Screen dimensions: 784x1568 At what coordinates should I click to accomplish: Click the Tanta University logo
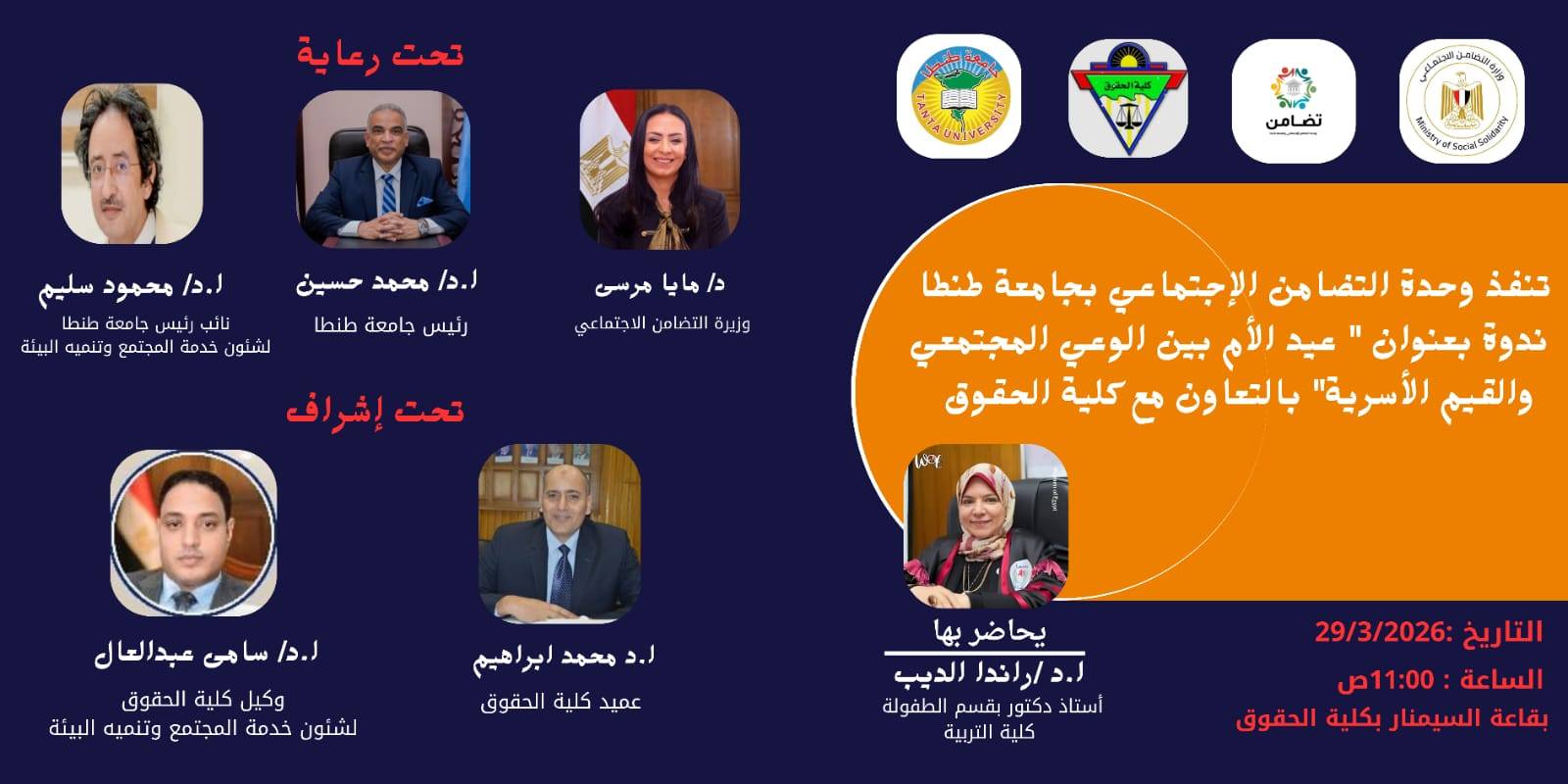pyautogui.click(x=958, y=96)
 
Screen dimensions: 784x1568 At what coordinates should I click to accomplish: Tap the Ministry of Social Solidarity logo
pyautogui.click(x=1461, y=102)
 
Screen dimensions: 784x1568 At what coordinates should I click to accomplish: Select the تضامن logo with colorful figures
pyautogui.click(x=1294, y=102)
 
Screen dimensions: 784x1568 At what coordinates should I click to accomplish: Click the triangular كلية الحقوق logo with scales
pyautogui.click(x=1127, y=98)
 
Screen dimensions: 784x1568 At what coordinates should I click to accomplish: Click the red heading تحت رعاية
pyautogui.click(x=380, y=54)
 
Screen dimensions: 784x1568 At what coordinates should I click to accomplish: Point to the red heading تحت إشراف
pyautogui.click(x=374, y=410)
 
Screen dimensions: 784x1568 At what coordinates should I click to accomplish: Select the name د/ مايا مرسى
pyautogui.click(x=660, y=284)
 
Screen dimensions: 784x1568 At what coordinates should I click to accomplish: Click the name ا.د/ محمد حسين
pyautogui.click(x=386, y=282)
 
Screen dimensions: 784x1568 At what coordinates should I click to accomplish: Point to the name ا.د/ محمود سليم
pyautogui.click(x=131, y=286)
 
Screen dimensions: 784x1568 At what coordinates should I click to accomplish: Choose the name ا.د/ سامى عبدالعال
pyautogui.click(x=207, y=653)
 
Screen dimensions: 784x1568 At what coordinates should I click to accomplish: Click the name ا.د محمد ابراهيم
pyautogui.click(x=563, y=658)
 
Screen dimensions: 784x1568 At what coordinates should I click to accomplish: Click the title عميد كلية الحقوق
pyautogui.click(x=561, y=702)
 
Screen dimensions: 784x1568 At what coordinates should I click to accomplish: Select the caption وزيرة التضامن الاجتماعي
pyautogui.click(x=661, y=323)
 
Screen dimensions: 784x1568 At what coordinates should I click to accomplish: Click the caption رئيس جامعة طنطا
pyautogui.click(x=390, y=325)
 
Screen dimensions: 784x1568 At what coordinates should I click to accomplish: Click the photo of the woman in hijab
pyautogui.click(x=985, y=526)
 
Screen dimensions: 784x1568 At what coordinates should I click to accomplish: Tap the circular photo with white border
pyautogui.click(x=193, y=534)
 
